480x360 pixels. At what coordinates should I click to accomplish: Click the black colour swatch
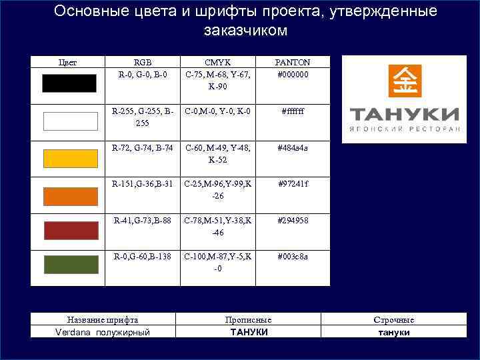pyautogui.click(x=69, y=83)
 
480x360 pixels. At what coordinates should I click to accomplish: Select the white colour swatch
pyautogui.click(x=69, y=121)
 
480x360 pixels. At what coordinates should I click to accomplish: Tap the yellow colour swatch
pyautogui.click(x=69, y=159)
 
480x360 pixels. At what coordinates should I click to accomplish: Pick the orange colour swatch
pyautogui.click(x=69, y=196)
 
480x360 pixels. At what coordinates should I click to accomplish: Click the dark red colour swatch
pyautogui.click(x=69, y=230)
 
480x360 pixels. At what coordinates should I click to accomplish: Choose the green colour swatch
pyautogui.click(x=69, y=265)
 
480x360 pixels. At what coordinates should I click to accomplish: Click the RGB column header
pyautogui.click(x=143, y=62)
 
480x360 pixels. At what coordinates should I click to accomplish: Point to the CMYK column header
pyautogui.click(x=218, y=62)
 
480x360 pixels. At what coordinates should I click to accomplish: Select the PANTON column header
pyautogui.click(x=293, y=62)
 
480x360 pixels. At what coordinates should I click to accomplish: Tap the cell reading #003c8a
pyautogui.click(x=293, y=256)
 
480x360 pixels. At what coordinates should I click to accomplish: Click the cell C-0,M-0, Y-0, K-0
pyautogui.click(x=218, y=111)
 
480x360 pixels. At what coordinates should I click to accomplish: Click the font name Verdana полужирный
pyautogui.click(x=103, y=332)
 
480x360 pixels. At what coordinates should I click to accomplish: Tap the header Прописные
pyautogui.click(x=248, y=320)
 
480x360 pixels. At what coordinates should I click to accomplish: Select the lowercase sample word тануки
pyautogui.click(x=394, y=332)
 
